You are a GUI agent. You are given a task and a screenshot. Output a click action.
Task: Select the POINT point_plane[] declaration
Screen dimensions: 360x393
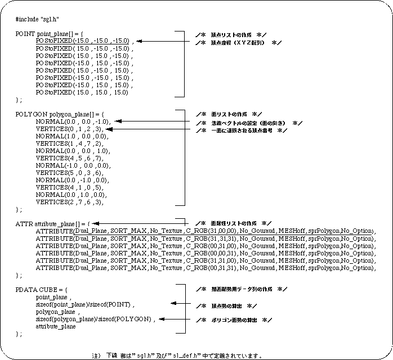pos(50,34)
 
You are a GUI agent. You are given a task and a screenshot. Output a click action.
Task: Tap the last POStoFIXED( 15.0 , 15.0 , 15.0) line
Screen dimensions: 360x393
pos(82,92)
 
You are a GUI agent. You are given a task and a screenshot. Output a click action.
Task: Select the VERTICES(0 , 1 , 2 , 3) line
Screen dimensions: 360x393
pos(70,129)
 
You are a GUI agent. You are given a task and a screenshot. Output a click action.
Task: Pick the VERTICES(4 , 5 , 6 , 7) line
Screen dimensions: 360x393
pos(70,158)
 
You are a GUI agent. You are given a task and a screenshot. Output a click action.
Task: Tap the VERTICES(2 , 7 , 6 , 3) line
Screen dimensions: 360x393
pos(70,202)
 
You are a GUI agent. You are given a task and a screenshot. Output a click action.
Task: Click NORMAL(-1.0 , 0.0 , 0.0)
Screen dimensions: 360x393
pos(73,165)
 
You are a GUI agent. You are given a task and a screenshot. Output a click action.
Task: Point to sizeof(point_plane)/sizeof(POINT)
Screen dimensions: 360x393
pos(85,304)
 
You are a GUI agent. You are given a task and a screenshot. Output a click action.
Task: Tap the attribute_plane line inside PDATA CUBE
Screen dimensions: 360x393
pos(56,326)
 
